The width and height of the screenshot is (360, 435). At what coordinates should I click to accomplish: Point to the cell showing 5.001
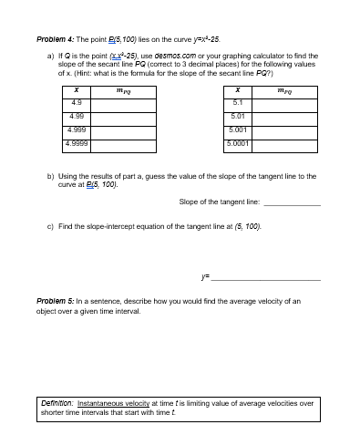237,129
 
